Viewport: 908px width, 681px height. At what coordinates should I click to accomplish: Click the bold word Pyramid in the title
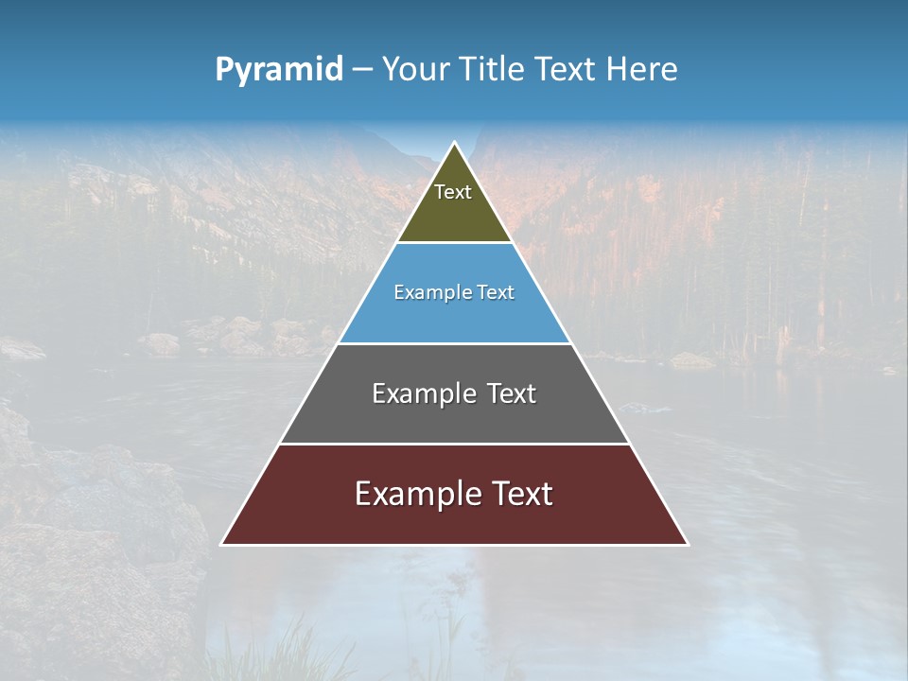coord(279,70)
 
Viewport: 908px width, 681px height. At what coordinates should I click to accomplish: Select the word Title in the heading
coord(494,70)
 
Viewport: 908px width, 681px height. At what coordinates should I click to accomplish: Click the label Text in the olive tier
coord(453,192)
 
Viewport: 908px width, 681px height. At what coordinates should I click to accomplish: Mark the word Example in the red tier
coord(414,494)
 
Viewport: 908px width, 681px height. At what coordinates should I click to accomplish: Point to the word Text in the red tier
coord(519,494)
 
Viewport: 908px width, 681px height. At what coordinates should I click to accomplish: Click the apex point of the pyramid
coord(455,143)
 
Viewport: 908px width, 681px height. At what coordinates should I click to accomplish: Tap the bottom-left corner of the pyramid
coord(222,544)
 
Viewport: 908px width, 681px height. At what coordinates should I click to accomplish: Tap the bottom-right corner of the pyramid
coord(688,544)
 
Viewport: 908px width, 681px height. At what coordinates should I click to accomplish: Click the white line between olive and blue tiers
coord(454,243)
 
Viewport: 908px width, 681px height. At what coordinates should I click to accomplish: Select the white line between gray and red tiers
coord(454,444)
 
